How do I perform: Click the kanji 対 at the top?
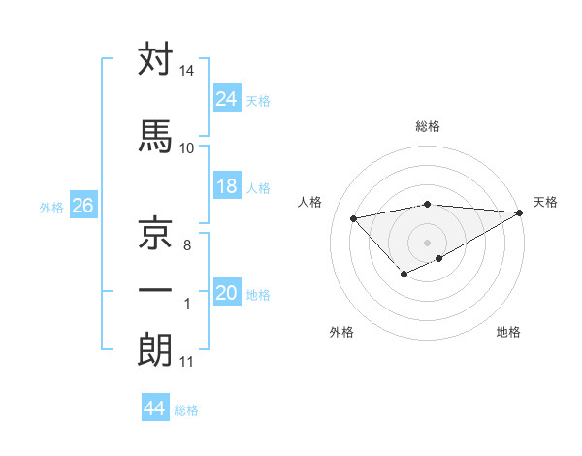(155, 59)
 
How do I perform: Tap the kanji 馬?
(155, 137)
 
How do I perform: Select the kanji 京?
(155, 233)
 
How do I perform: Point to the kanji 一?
(155, 290)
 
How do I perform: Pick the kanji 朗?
(155, 350)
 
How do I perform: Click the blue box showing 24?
(227, 98)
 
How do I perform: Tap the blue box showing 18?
(227, 187)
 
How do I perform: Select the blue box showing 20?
(227, 294)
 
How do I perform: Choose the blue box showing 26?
(82, 206)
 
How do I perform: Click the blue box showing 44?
(155, 408)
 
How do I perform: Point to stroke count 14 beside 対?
(186, 72)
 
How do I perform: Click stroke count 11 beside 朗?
(186, 363)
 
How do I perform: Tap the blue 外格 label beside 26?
(51, 207)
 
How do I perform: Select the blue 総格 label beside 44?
(186, 410)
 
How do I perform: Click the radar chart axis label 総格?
(427, 126)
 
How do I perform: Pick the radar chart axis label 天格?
(545, 202)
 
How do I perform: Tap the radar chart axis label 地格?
(508, 332)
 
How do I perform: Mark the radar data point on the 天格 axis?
(521, 212)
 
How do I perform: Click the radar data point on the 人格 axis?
(353, 217)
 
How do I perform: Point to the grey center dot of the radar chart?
(427, 242)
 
